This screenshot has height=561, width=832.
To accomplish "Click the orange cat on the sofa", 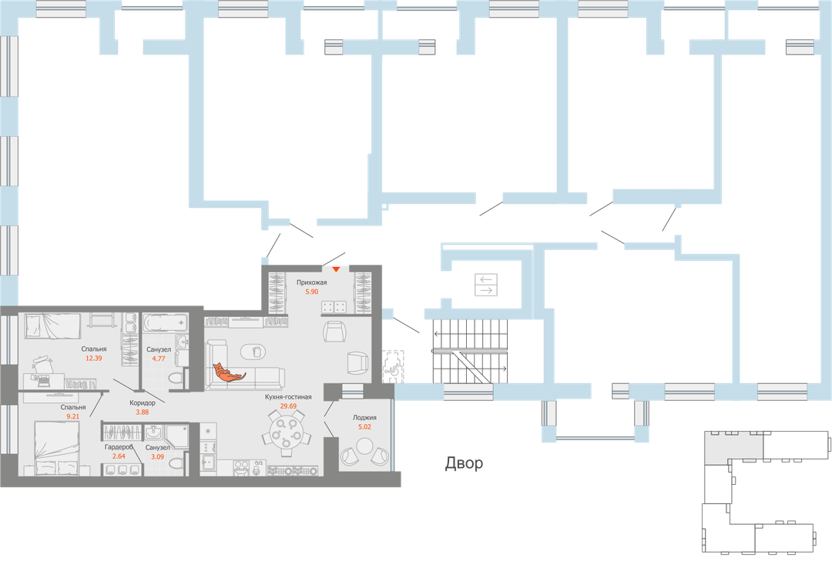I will [x=228, y=372].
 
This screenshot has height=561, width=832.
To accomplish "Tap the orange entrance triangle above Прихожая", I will [x=336, y=269].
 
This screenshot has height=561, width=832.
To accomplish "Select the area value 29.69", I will [x=287, y=406].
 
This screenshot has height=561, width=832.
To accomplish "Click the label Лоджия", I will [x=364, y=418].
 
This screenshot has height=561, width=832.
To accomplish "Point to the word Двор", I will [x=465, y=464].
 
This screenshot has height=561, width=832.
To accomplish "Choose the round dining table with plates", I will [x=286, y=432].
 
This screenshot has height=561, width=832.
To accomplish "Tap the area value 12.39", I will [x=94, y=359].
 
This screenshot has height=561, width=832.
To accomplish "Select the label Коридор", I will [x=143, y=402].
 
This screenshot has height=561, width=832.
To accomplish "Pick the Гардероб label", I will [x=119, y=447].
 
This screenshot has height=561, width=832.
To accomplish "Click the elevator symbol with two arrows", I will [x=486, y=284].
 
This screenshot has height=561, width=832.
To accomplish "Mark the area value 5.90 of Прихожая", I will [x=312, y=292].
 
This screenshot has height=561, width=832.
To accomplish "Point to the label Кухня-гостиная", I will [x=287, y=396].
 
